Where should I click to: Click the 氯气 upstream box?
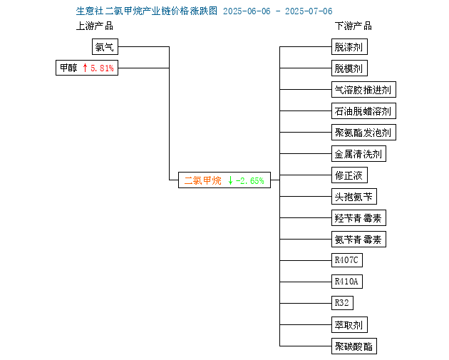coord(105,46)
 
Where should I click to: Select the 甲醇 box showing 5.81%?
coord(87,68)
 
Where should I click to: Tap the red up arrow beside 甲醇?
coord(85,68)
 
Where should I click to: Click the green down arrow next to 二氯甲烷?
coord(230,180)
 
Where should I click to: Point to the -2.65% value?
coord(249,181)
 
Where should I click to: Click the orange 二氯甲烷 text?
coord(202,180)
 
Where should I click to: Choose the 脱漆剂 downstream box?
coord(349,46)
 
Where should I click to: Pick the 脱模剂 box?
coord(349,68)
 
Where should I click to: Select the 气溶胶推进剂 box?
coord(363,89)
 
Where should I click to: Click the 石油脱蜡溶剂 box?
coord(363,110)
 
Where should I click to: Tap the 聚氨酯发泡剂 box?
coord(363,133)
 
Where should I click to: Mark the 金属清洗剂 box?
coord(358,153)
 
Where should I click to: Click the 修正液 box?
coord(349,175)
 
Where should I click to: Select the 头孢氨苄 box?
coord(354,197)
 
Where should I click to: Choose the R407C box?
coord(347,260)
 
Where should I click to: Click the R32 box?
coord(342,303)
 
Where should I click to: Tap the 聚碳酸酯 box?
coord(354,346)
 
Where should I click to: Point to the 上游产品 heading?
coord(95,26)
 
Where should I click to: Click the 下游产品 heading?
coord(353,26)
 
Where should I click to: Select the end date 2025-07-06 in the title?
coord(309,11)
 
